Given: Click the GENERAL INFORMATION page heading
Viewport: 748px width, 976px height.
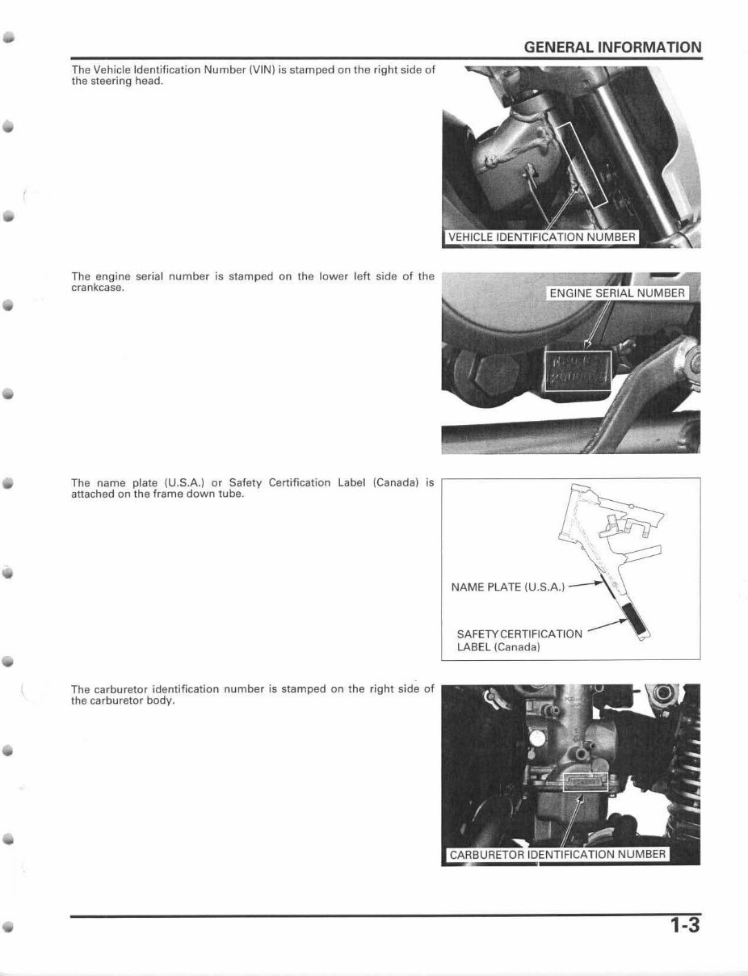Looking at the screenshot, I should click(x=612, y=47).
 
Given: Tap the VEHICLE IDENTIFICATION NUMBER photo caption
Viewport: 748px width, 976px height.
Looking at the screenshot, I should click(x=541, y=238).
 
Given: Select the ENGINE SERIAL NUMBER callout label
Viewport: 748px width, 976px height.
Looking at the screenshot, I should click(x=617, y=293).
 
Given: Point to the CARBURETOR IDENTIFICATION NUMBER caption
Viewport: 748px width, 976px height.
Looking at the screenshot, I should click(x=557, y=855).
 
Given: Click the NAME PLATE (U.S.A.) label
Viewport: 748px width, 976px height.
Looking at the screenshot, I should click(x=508, y=587).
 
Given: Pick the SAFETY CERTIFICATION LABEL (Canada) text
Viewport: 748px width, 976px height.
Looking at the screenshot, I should click(x=519, y=640).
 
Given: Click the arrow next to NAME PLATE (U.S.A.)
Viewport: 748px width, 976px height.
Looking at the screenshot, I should click(x=586, y=584).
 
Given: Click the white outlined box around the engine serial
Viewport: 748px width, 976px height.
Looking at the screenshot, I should click(x=578, y=371).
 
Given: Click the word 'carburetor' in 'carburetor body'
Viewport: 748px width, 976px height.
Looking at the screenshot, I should click(x=116, y=700).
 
